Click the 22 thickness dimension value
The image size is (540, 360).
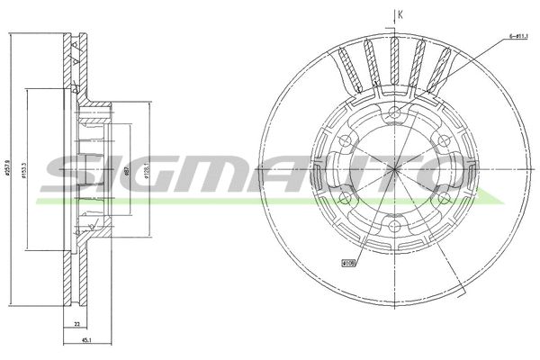[78, 323]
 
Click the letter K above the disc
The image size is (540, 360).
[400, 13]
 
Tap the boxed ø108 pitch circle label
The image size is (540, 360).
[348, 264]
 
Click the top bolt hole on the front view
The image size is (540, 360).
[395, 112]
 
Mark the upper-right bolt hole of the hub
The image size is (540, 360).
[445, 140]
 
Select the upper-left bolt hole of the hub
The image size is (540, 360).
[346, 140]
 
